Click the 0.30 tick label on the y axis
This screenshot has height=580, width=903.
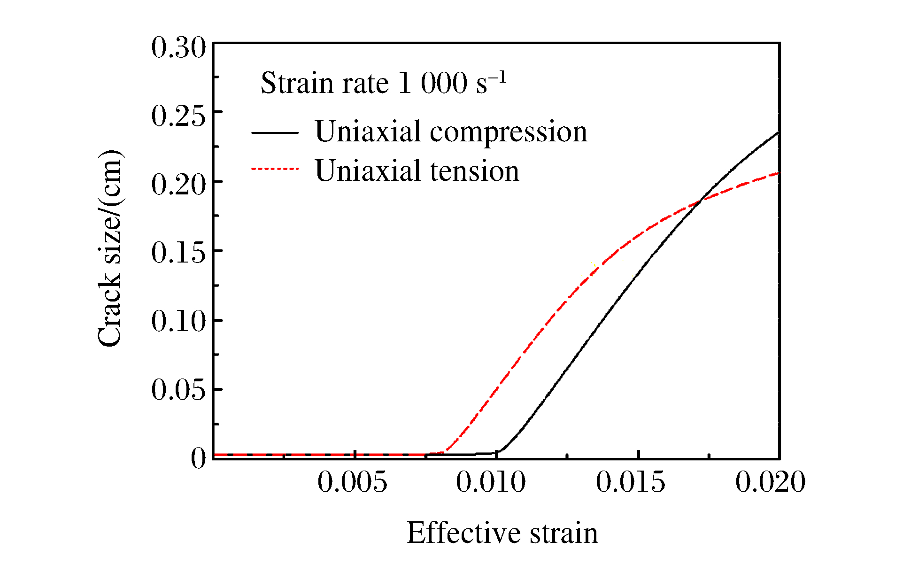click(x=178, y=48)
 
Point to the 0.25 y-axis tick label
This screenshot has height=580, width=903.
click(x=178, y=116)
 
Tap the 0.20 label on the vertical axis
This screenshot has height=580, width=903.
click(x=178, y=185)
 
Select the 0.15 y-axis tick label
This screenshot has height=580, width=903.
click(x=178, y=253)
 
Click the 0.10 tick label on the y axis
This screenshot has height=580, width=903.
click(x=178, y=322)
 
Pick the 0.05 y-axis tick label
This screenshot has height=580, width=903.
click(x=178, y=390)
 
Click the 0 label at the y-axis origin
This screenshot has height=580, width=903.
click(x=198, y=458)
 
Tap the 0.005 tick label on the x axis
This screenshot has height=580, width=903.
click(x=353, y=482)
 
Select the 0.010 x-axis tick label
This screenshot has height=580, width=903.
click(x=491, y=482)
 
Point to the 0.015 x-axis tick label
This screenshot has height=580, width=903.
click(x=631, y=482)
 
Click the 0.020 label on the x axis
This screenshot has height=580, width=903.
click(x=771, y=482)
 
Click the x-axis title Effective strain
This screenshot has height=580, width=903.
click(x=502, y=533)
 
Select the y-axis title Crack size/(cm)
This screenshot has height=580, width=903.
click(x=110, y=249)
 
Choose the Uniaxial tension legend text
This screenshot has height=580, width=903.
click(x=417, y=170)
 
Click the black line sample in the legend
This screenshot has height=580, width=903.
click(x=275, y=133)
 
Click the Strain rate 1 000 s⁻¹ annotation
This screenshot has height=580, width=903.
click(x=383, y=83)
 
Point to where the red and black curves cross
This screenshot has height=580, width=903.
click(x=700, y=201)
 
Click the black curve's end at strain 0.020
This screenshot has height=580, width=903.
click(x=778, y=133)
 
